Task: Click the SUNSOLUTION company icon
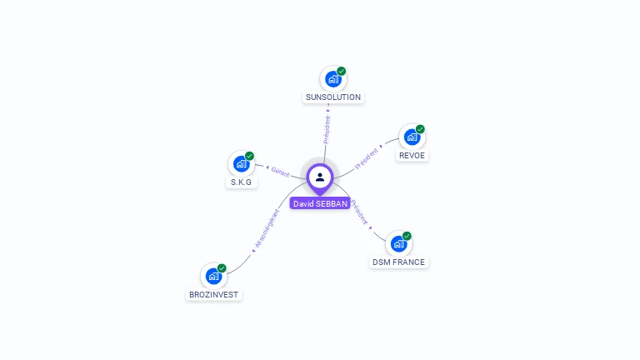point(333,79)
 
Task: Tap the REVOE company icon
point(412,137)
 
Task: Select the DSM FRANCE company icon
point(398,244)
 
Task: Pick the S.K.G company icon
point(241,164)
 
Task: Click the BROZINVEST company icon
point(213,276)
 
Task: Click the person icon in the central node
point(320,177)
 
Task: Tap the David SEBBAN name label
point(320,203)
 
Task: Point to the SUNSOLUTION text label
point(333,97)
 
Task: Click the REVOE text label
point(412,156)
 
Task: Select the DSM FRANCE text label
point(398,262)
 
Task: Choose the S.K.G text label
point(241,182)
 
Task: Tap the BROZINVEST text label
point(213,294)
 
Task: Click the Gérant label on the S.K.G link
point(280,172)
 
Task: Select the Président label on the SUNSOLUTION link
point(327,130)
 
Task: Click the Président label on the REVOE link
point(367,159)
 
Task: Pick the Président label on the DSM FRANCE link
point(359,213)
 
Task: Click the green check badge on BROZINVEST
point(222,267)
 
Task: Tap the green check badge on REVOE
point(420,129)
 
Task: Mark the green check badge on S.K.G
point(249,156)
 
